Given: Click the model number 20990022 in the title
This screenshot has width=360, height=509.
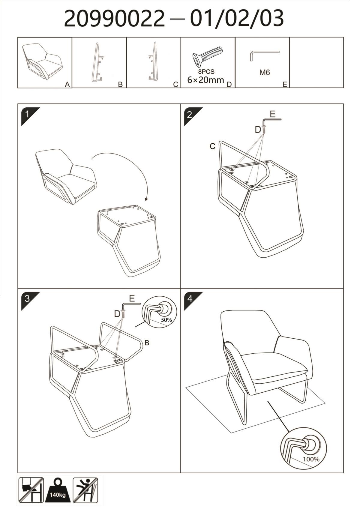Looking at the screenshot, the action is click(x=114, y=19).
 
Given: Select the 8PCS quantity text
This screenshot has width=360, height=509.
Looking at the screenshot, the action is click(x=206, y=72).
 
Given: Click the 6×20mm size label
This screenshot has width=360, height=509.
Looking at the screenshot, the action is click(x=206, y=80).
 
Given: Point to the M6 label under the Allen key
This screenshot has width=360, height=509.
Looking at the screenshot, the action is click(x=265, y=73).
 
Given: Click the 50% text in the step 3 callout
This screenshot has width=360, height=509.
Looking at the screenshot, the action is click(x=166, y=320).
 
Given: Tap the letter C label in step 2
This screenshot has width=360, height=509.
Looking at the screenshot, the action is click(x=212, y=147).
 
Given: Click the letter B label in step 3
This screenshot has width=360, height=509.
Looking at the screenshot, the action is click(x=147, y=343).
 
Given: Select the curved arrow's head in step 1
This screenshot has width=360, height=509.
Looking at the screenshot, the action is click(x=146, y=199).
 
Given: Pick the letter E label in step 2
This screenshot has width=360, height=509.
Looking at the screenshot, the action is click(x=273, y=114).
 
